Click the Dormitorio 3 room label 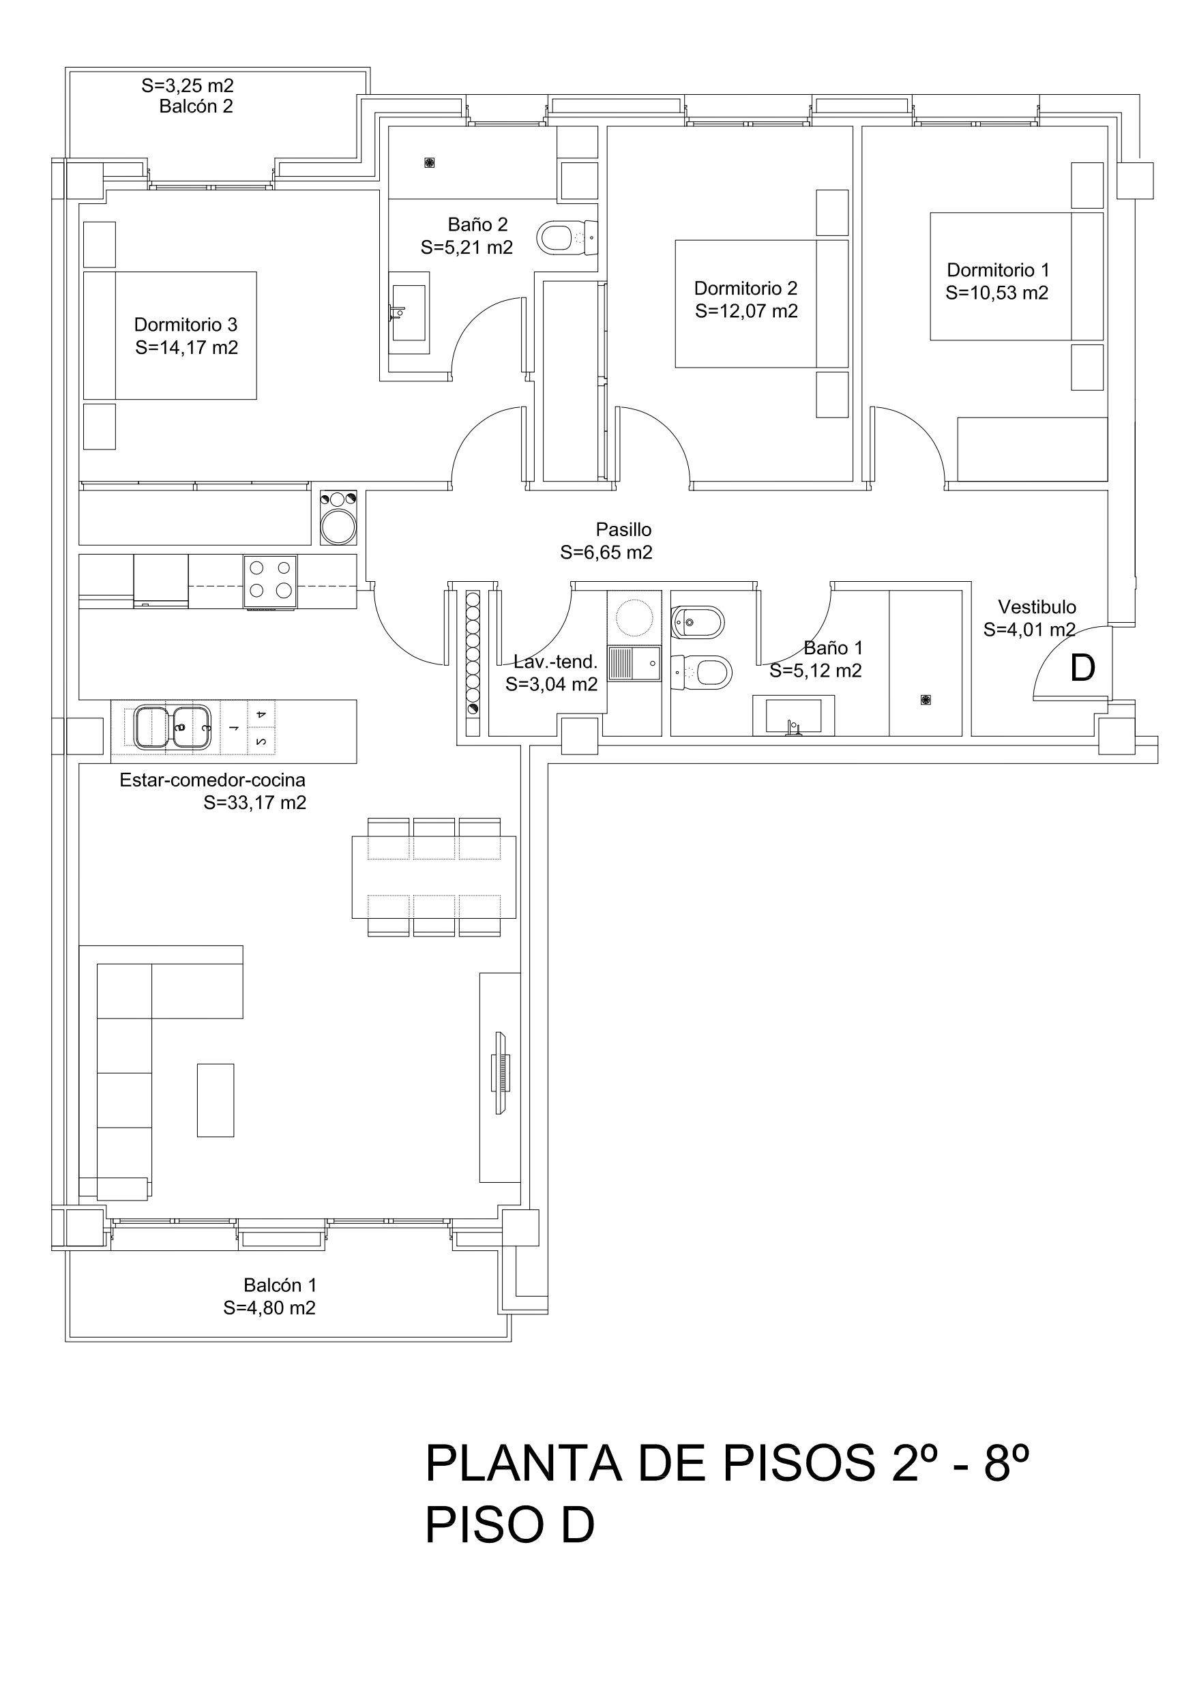click(186, 325)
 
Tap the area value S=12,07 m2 click(746, 311)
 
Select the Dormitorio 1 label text click(998, 270)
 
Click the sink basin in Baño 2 click(409, 312)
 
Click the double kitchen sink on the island click(173, 727)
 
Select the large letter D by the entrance click(1082, 668)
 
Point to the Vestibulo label click(1037, 607)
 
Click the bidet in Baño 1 click(698, 623)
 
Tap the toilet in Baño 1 click(701, 672)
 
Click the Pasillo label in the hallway click(624, 529)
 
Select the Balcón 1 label click(280, 1285)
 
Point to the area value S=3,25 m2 click(188, 85)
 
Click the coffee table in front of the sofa click(216, 1100)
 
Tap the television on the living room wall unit click(501, 1073)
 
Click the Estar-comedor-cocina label click(212, 780)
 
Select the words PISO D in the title click(509, 1526)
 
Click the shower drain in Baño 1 click(926, 700)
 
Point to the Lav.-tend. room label click(555, 662)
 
